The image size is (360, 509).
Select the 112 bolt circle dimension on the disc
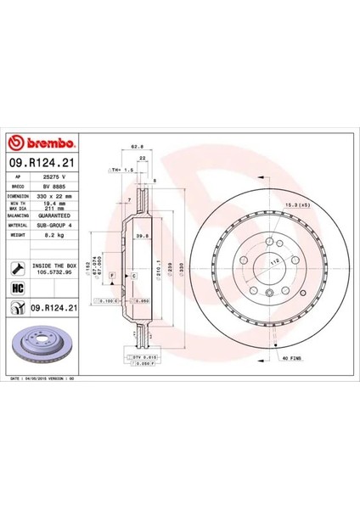click(273, 263)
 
